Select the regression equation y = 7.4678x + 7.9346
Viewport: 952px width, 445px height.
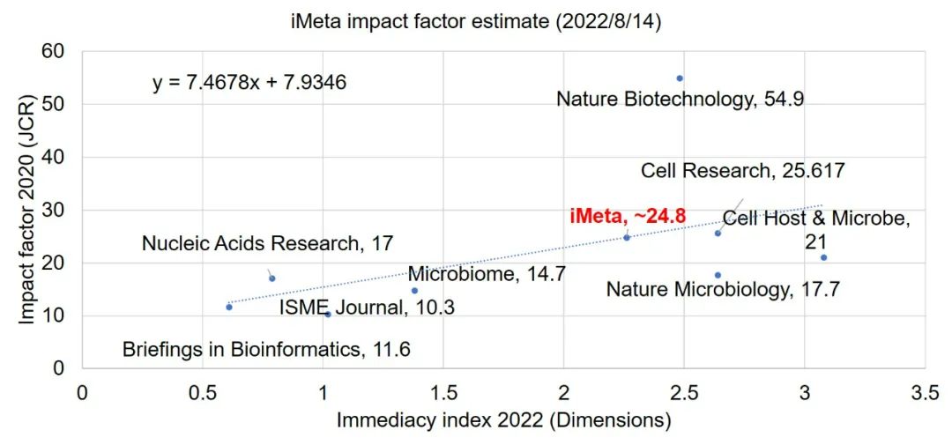249,83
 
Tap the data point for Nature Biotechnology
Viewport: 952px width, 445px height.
679,78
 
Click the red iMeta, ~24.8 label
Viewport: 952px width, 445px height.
627,215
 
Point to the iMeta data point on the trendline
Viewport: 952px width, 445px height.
627,237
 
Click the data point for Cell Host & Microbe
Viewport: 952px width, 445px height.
823,257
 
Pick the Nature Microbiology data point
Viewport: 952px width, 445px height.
718,275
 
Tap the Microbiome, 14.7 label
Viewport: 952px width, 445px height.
485,274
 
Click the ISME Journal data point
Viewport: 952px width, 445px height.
328,314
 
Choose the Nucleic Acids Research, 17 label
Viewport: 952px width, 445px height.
267,242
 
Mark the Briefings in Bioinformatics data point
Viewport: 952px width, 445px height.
229,307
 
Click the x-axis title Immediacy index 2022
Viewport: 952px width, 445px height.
503,420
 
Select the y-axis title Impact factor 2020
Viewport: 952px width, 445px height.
27,210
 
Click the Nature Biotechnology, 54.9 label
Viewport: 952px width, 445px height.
680,100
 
